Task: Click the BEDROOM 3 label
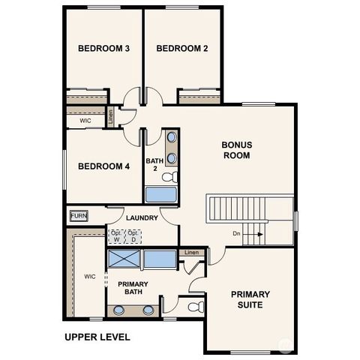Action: click(x=103, y=49)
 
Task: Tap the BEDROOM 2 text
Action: click(x=181, y=49)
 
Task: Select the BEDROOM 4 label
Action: click(x=103, y=166)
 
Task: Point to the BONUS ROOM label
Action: click(x=236, y=150)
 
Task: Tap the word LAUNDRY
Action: click(x=142, y=218)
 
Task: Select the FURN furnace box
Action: click(x=79, y=216)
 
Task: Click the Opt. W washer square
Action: click(x=116, y=236)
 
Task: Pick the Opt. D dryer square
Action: click(x=132, y=236)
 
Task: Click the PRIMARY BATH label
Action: click(x=133, y=288)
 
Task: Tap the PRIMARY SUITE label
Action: click(x=250, y=299)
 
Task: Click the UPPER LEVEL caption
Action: click(x=97, y=336)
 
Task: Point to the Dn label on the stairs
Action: click(x=236, y=234)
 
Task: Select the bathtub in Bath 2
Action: click(x=160, y=195)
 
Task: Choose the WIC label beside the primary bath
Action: click(x=89, y=276)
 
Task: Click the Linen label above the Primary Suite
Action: click(x=193, y=252)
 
